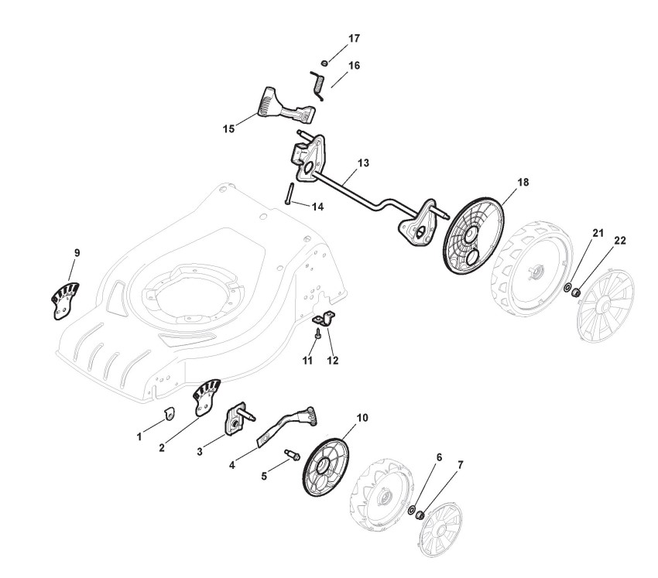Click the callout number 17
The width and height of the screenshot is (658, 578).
pyautogui.click(x=354, y=38)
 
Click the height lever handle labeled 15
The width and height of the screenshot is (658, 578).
pyautogui.click(x=283, y=108)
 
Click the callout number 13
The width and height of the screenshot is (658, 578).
pyautogui.click(x=363, y=163)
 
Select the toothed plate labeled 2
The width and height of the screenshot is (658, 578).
pyautogui.click(x=206, y=396)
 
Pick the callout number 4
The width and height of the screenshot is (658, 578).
pyautogui.click(x=232, y=467)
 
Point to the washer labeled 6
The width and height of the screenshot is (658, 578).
pyautogui.click(x=411, y=511)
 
